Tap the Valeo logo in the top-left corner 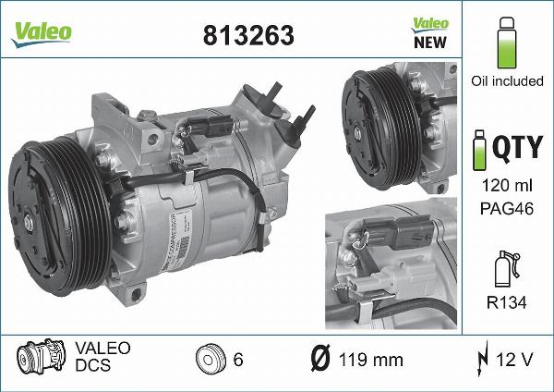41,30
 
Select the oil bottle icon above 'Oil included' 505,43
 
